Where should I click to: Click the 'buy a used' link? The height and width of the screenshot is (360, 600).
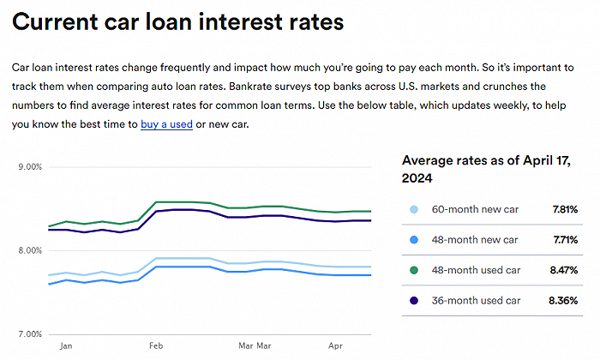(x=166, y=125)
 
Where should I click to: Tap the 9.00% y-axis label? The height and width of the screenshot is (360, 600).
(x=30, y=167)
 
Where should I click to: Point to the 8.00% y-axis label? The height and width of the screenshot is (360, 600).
(x=30, y=250)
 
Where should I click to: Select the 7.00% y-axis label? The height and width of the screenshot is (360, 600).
(x=30, y=334)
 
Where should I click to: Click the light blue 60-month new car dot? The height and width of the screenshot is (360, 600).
(x=415, y=209)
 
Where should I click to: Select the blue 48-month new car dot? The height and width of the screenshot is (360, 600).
(x=415, y=239)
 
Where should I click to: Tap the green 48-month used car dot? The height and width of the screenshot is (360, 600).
(x=415, y=270)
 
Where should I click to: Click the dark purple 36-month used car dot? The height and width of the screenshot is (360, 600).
(x=415, y=301)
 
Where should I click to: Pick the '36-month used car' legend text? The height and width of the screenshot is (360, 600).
(x=475, y=301)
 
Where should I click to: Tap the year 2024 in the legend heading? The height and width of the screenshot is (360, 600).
(x=418, y=178)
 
